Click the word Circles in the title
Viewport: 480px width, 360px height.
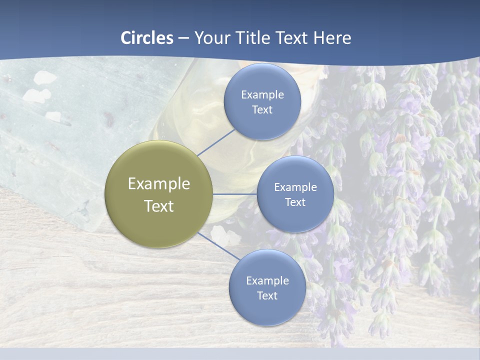(x=147, y=38)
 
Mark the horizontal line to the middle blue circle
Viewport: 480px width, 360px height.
(x=234, y=194)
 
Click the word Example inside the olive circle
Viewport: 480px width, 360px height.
(x=158, y=184)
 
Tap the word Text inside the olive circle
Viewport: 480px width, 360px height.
(x=158, y=206)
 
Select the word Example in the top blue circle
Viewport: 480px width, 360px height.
(x=262, y=95)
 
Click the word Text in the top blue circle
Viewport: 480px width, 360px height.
(x=262, y=110)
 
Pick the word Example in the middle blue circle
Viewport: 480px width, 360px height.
(x=295, y=187)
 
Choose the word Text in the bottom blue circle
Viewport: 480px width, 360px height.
(x=267, y=296)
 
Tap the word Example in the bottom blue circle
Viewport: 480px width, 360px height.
(x=267, y=281)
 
